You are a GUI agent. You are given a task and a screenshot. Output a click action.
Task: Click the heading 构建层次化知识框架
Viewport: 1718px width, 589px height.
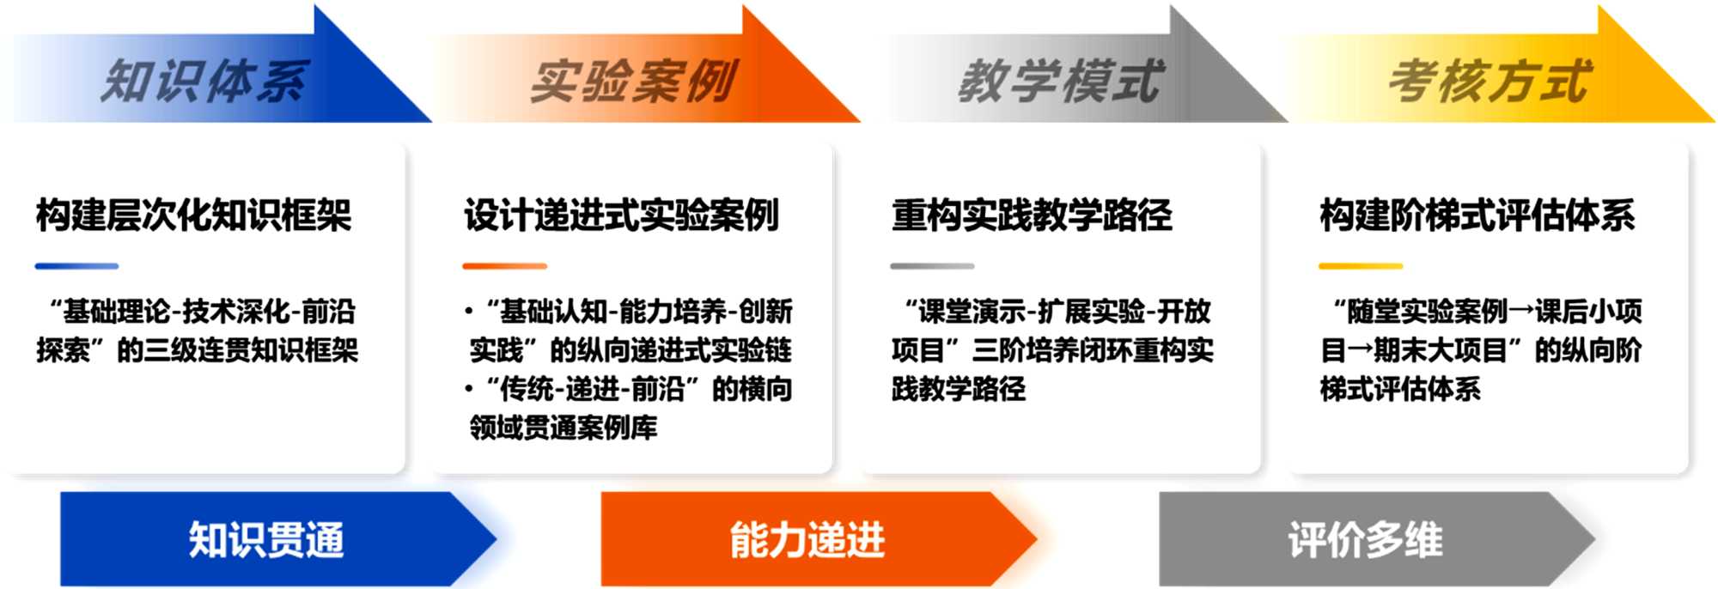pos(193,215)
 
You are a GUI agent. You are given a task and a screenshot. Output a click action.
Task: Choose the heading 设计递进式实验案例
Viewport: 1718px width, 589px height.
pos(621,215)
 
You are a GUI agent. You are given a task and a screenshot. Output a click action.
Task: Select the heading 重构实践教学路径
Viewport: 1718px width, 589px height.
pos(1032,215)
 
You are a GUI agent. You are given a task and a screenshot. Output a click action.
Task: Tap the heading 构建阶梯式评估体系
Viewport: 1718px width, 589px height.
pos(1477,215)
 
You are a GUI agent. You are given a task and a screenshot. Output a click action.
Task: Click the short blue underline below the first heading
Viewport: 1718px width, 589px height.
pos(76,266)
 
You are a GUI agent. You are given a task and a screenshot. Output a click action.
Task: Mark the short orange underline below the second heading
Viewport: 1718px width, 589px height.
pos(504,266)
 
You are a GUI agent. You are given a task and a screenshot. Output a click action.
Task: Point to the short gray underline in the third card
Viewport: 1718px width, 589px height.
pos(932,266)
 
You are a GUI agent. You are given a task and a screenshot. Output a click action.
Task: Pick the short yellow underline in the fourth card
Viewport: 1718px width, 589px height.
pos(1361,266)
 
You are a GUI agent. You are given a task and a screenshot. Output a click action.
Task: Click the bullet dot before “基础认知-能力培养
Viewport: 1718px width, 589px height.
pos(469,312)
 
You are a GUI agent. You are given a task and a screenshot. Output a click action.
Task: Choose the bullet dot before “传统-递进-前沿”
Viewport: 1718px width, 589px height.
pos(469,390)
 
